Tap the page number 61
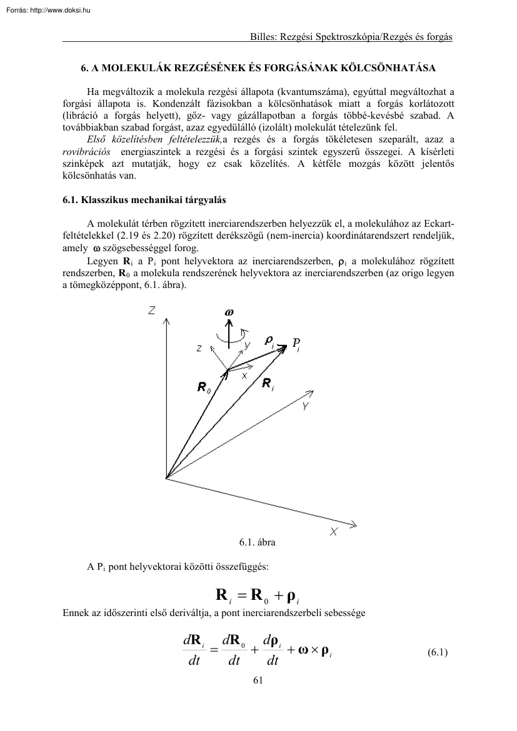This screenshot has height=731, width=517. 258,681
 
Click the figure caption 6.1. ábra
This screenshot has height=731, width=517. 258,542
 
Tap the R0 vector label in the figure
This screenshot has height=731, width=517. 204,389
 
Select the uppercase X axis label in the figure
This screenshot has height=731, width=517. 334,532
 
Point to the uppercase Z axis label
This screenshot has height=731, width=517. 152,310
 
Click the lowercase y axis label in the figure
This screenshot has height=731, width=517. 247,344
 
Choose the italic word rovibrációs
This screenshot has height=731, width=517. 87,152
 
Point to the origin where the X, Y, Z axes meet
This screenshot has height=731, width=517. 166,478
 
